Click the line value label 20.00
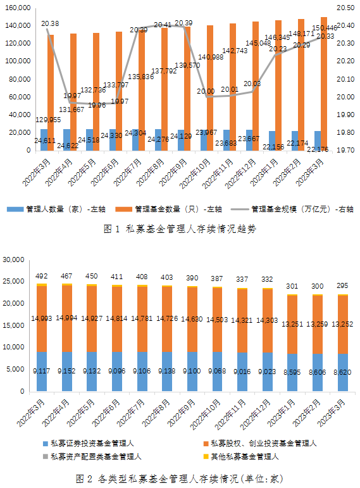206,91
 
